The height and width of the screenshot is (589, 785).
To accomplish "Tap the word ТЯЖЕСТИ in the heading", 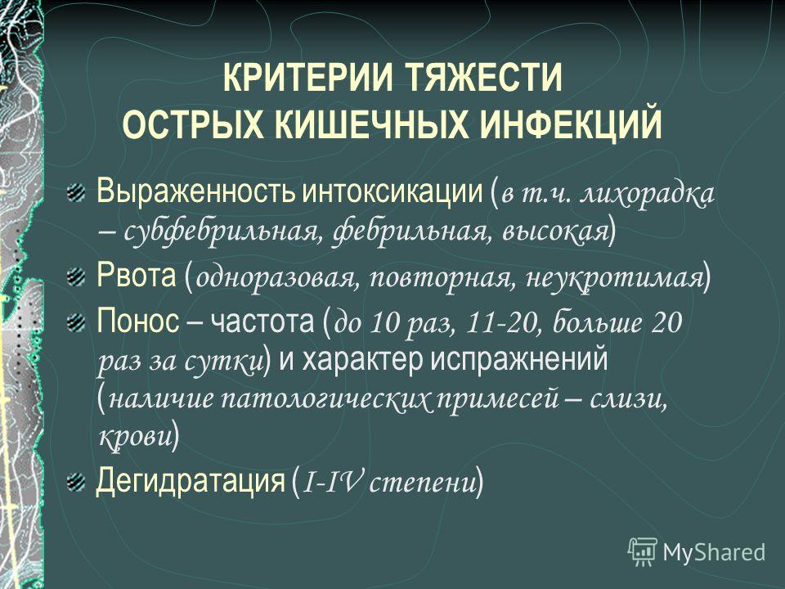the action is [x=484, y=78].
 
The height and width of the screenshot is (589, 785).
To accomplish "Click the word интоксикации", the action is [x=392, y=191].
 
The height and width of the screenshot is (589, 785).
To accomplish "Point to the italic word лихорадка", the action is [x=648, y=193].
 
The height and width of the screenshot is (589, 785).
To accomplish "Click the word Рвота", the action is [x=137, y=275].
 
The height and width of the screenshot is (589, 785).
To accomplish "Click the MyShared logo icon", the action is [x=643, y=552].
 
